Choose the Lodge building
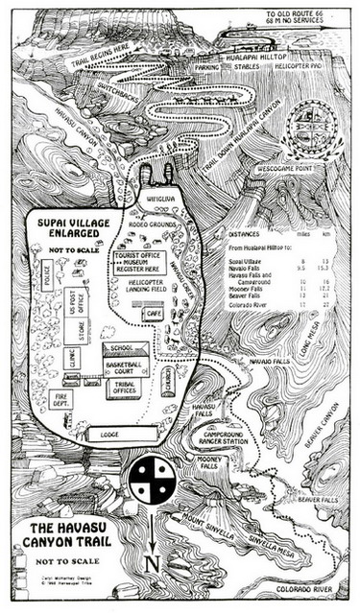pos(108,435)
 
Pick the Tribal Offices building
pos(124,388)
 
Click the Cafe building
pos(153,314)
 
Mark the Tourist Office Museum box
pos(136,264)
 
